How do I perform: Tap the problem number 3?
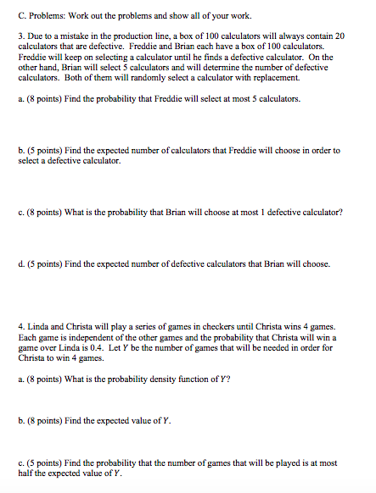coord(20,39)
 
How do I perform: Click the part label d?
coord(20,264)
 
